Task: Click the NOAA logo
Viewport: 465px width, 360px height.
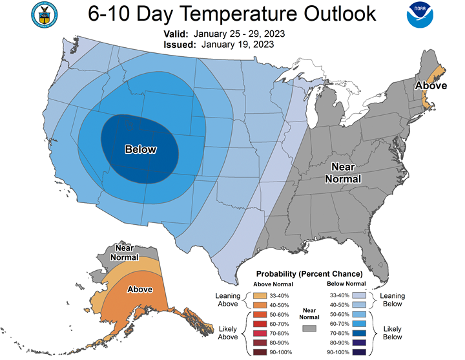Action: pos(420,15)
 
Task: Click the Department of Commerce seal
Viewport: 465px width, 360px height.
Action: pos(45,15)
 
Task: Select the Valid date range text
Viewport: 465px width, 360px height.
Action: pos(239,34)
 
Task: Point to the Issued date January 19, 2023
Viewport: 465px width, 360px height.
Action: pos(238,45)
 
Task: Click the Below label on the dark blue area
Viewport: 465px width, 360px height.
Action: pos(141,149)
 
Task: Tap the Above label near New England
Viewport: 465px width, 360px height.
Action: pos(431,85)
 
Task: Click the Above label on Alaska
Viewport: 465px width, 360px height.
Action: pos(140,289)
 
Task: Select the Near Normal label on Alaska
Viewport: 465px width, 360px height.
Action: pos(125,253)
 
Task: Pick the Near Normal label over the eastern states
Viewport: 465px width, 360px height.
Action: pos(343,173)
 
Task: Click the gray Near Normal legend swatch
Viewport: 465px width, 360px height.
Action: pos(309,328)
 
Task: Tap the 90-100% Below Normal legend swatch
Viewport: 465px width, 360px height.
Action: pos(359,352)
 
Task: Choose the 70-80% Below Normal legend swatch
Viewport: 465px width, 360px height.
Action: pos(359,333)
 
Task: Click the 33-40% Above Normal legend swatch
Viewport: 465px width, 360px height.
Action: pos(260,295)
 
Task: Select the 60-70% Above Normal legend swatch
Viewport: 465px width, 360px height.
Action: pos(260,324)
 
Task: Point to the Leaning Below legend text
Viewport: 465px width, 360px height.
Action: pos(393,300)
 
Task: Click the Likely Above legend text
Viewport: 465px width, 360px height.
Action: pos(228,333)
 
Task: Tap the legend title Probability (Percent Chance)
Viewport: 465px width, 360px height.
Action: pos(309,273)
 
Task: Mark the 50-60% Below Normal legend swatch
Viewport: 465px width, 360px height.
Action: pos(359,314)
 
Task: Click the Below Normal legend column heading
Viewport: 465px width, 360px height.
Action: pos(346,284)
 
